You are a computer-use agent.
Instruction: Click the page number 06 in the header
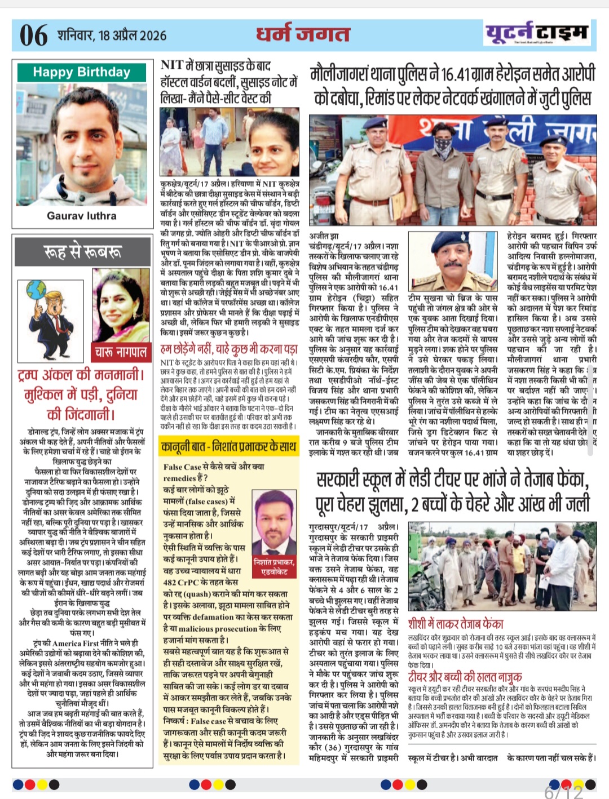(x=34, y=35)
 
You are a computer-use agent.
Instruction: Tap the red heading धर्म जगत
(x=303, y=34)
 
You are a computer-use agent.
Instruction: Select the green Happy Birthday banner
(x=81, y=72)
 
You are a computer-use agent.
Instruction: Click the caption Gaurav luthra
(x=82, y=216)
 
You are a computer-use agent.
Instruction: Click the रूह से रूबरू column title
(x=82, y=251)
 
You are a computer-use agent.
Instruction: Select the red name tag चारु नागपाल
(x=121, y=353)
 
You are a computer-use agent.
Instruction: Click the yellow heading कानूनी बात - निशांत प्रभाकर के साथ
(x=228, y=447)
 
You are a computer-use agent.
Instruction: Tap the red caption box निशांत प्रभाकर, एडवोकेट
(x=274, y=566)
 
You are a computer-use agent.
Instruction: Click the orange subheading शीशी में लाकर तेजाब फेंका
(x=456, y=624)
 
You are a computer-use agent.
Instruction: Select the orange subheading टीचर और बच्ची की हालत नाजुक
(x=465, y=676)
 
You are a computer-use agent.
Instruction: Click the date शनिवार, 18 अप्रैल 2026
(x=112, y=35)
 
